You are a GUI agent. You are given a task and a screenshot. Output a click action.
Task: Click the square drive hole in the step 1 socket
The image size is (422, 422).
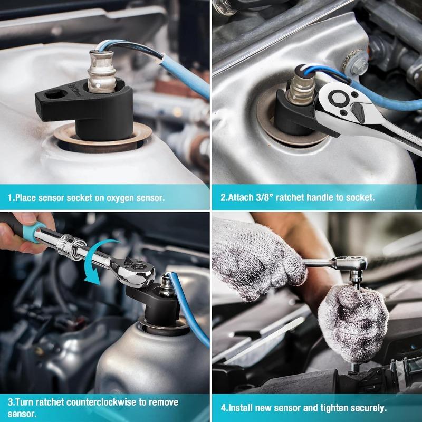[x=56, y=94]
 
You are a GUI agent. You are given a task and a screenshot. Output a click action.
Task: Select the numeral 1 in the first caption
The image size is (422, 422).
[x=10, y=198]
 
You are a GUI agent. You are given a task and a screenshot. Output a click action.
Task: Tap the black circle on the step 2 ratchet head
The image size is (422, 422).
[x=338, y=98]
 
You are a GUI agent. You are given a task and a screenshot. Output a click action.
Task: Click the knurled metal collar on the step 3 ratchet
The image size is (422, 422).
[x=71, y=246]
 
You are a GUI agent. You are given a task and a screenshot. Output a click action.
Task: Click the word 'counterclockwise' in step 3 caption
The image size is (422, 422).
[x=101, y=402]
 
